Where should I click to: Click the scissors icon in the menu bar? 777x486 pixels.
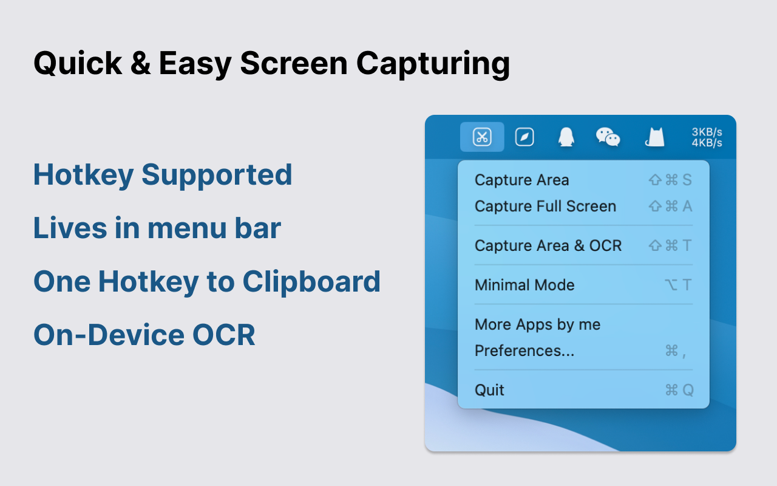coord(482,137)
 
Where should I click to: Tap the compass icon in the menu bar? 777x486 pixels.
coord(524,137)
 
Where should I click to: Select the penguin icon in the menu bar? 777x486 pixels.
coord(566,137)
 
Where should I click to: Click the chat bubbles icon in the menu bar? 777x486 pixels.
coord(608,137)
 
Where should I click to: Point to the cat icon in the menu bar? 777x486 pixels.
coord(654,137)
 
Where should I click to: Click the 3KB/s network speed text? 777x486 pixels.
coord(707,132)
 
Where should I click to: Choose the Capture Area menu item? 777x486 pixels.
coord(521,180)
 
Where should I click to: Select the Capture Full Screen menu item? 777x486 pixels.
coord(545,206)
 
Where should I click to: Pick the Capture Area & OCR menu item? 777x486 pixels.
coord(548,245)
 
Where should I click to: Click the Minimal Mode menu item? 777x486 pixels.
coord(524,285)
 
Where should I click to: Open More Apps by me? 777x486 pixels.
coord(537,324)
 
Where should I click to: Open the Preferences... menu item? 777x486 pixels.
coord(524,351)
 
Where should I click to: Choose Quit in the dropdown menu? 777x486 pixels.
coord(489,390)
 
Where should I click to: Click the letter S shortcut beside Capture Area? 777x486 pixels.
coord(687,180)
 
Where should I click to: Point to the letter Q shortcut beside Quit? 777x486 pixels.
coord(688,390)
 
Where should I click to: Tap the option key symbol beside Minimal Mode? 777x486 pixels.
coord(671,285)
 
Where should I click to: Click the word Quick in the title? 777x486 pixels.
coord(78,64)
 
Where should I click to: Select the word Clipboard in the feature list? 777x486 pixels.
coord(311,281)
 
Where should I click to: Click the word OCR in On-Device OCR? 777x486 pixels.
coord(224,335)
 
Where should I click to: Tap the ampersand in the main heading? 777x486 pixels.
coord(140,63)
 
